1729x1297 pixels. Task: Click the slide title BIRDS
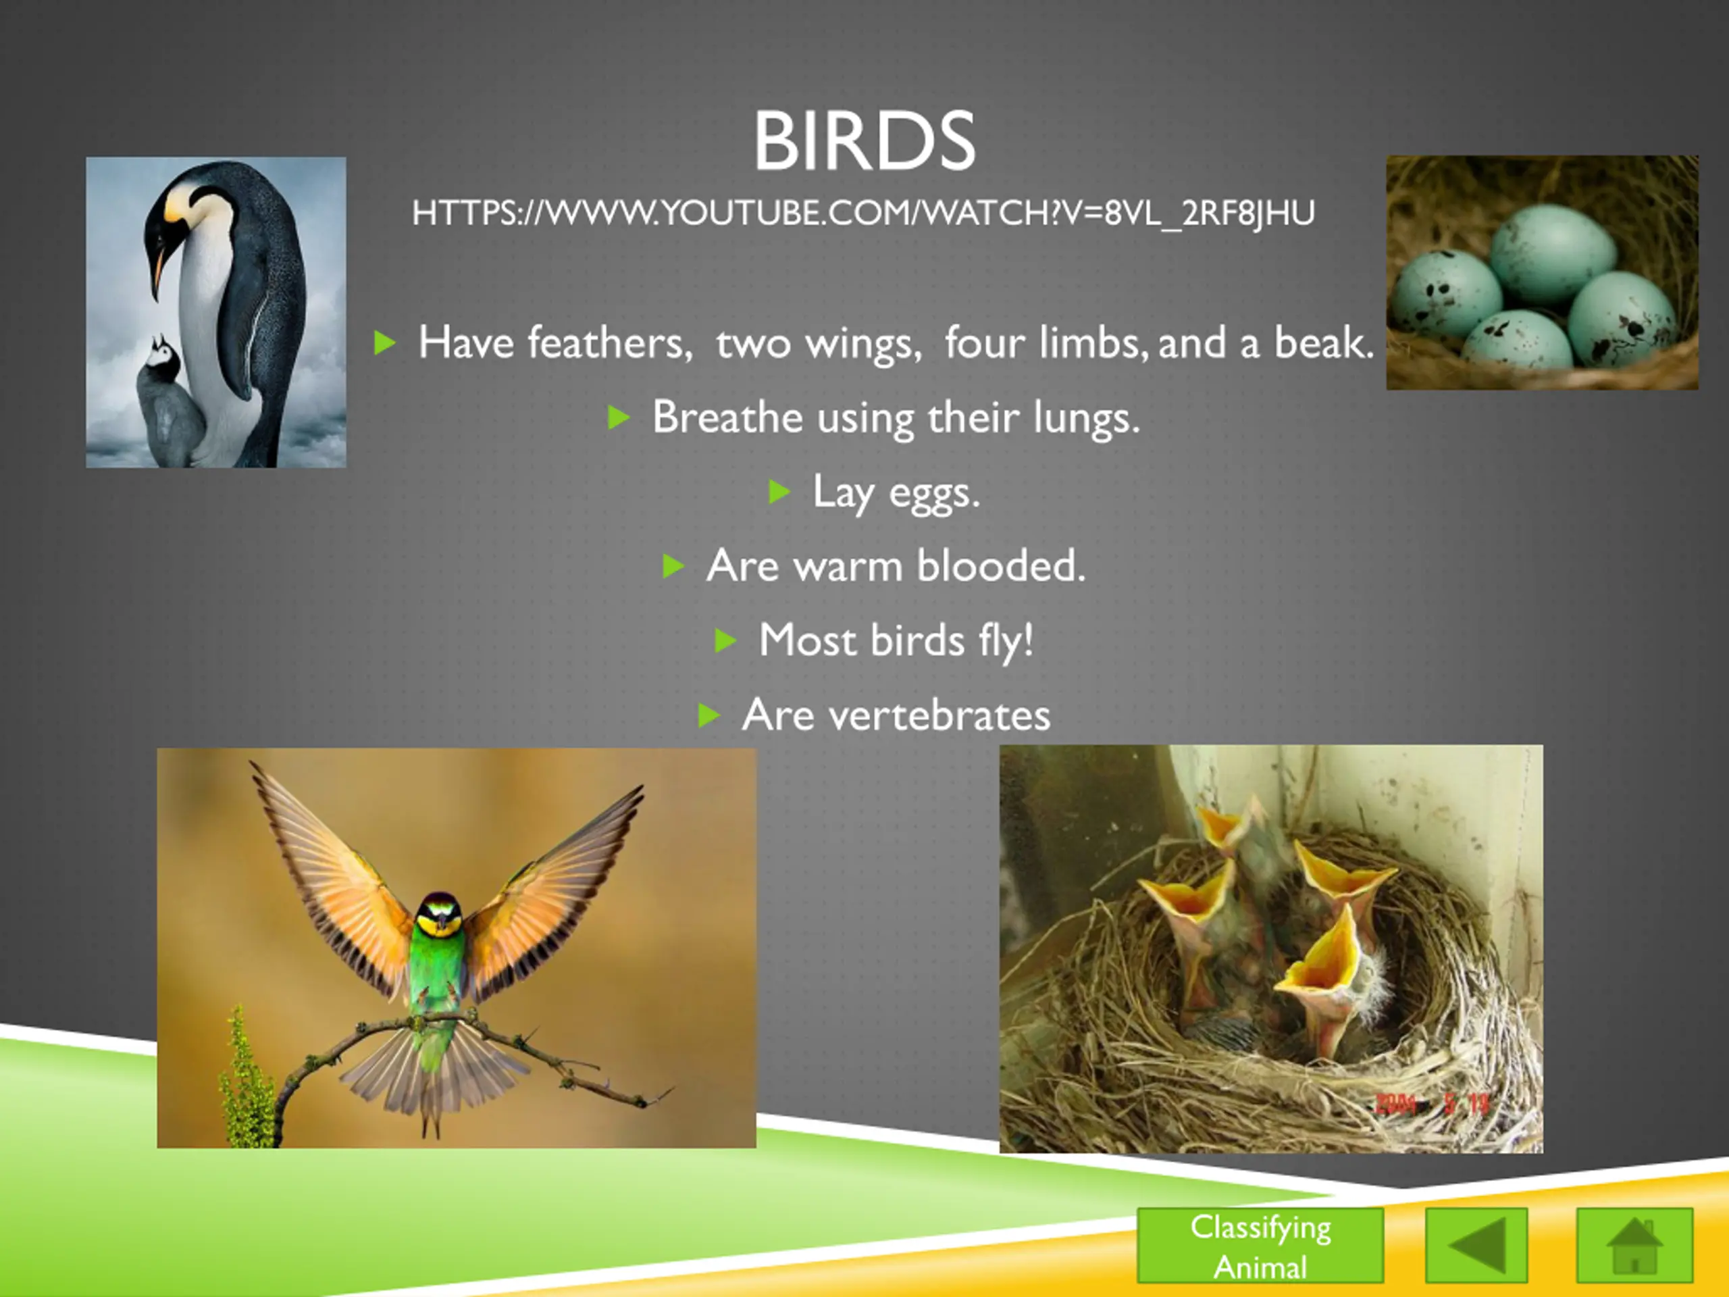(864, 141)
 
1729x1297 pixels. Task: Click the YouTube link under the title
(864, 213)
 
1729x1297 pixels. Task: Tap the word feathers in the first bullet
(611, 342)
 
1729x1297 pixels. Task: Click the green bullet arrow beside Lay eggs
(779, 492)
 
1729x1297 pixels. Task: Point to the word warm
(848, 565)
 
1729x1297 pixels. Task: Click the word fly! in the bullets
(1006, 641)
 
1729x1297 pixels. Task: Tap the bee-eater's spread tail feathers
(426, 1075)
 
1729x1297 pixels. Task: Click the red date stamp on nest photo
(1432, 1103)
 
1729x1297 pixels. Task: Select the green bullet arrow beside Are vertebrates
(708, 715)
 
